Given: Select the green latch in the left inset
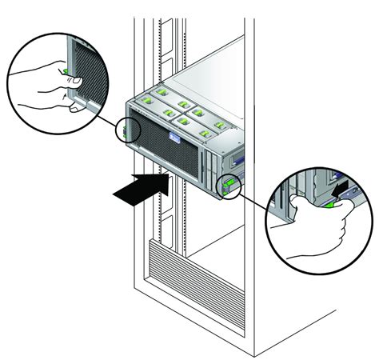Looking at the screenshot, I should pyautogui.click(x=73, y=77).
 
